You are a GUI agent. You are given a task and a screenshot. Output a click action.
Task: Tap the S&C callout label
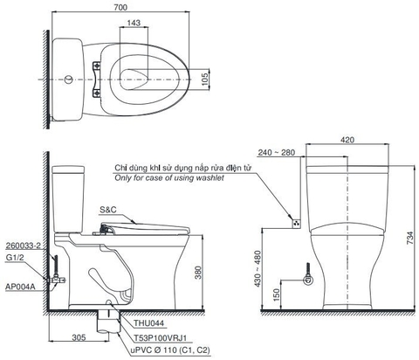[x=109, y=209]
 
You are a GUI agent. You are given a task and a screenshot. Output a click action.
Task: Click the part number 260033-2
[x=21, y=246]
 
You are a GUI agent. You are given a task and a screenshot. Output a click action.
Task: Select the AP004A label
[x=18, y=286]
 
